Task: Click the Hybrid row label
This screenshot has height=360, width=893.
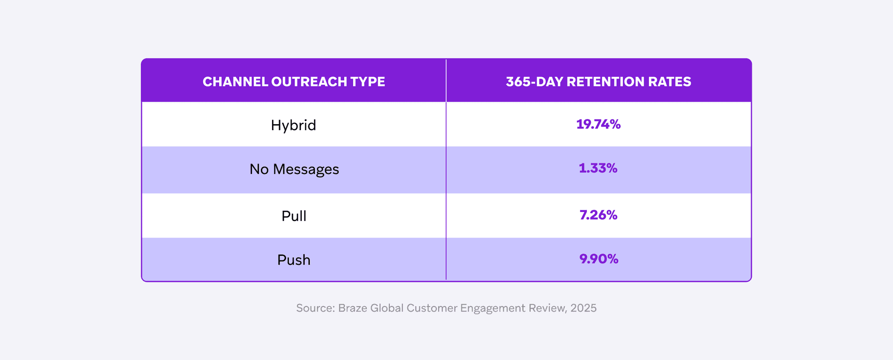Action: (x=293, y=125)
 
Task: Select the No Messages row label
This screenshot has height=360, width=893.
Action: (x=294, y=169)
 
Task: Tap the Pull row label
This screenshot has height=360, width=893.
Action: (x=293, y=216)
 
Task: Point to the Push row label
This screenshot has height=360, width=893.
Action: (x=293, y=260)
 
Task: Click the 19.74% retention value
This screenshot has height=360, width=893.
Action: (x=598, y=124)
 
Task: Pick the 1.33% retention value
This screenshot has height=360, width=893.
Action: (x=598, y=168)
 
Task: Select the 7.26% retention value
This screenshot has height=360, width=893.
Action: (x=598, y=215)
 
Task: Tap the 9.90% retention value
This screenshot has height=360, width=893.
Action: (x=599, y=259)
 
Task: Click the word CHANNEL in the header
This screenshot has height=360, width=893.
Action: (x=235, y=82)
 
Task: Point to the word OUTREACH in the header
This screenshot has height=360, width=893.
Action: (x=309, y=82)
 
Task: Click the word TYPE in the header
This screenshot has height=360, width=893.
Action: (x=367, y=82)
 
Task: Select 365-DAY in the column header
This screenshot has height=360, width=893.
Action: (x=534, y=82)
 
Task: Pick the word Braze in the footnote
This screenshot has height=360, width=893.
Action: (x=353, y=308)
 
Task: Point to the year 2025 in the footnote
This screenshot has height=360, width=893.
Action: (x=583, y=308)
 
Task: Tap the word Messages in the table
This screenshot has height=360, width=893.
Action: (x=306, y=169)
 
